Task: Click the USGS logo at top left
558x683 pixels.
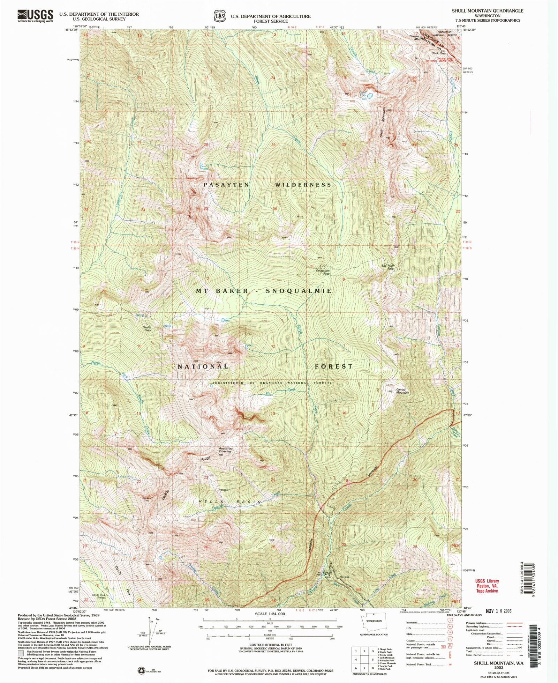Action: click(x=35, y=16)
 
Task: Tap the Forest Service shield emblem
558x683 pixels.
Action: click(x=220, y=16)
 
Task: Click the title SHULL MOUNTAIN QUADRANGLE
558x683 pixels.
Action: click(x=487, y=11)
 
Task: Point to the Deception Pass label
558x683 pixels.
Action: click(x=323, y=272)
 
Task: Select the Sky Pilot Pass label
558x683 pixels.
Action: click(x=387, y=267)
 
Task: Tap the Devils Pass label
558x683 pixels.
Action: click(x=147, y=328)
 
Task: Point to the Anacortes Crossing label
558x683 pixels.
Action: click(x=226, y=450)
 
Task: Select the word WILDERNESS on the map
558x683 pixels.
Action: click(x=303, y=185)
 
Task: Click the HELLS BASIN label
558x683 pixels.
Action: click(x=230, y=502)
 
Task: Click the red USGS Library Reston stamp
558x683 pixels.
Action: click(x=487, y=586)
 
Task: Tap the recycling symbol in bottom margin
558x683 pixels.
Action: click(x=142, y=669)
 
